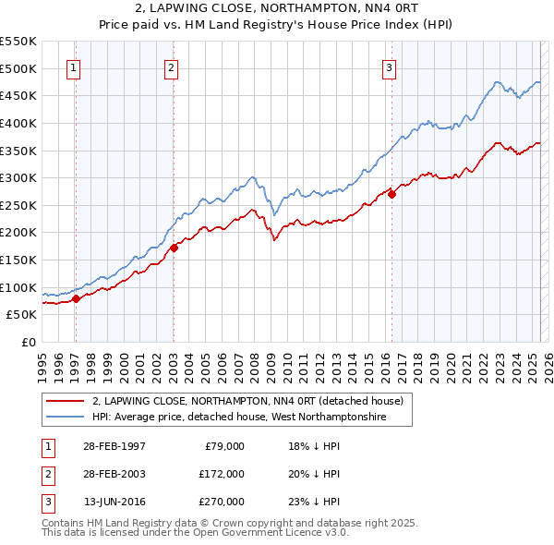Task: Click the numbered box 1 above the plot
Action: [x=73, y=67]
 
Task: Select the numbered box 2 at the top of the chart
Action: [x=172, y=67]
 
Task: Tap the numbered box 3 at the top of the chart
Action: [x=390, y=67]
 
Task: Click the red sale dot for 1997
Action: [x=77, y=297]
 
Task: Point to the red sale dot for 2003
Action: [x=174, y=247]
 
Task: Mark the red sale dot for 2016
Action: [x=392, y=194]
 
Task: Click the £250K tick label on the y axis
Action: [x=18, y=205]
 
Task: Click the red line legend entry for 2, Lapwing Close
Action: [x=247, y=402]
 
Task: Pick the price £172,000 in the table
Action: [x=222, y=474]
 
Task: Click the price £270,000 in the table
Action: [x=222, y=502]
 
